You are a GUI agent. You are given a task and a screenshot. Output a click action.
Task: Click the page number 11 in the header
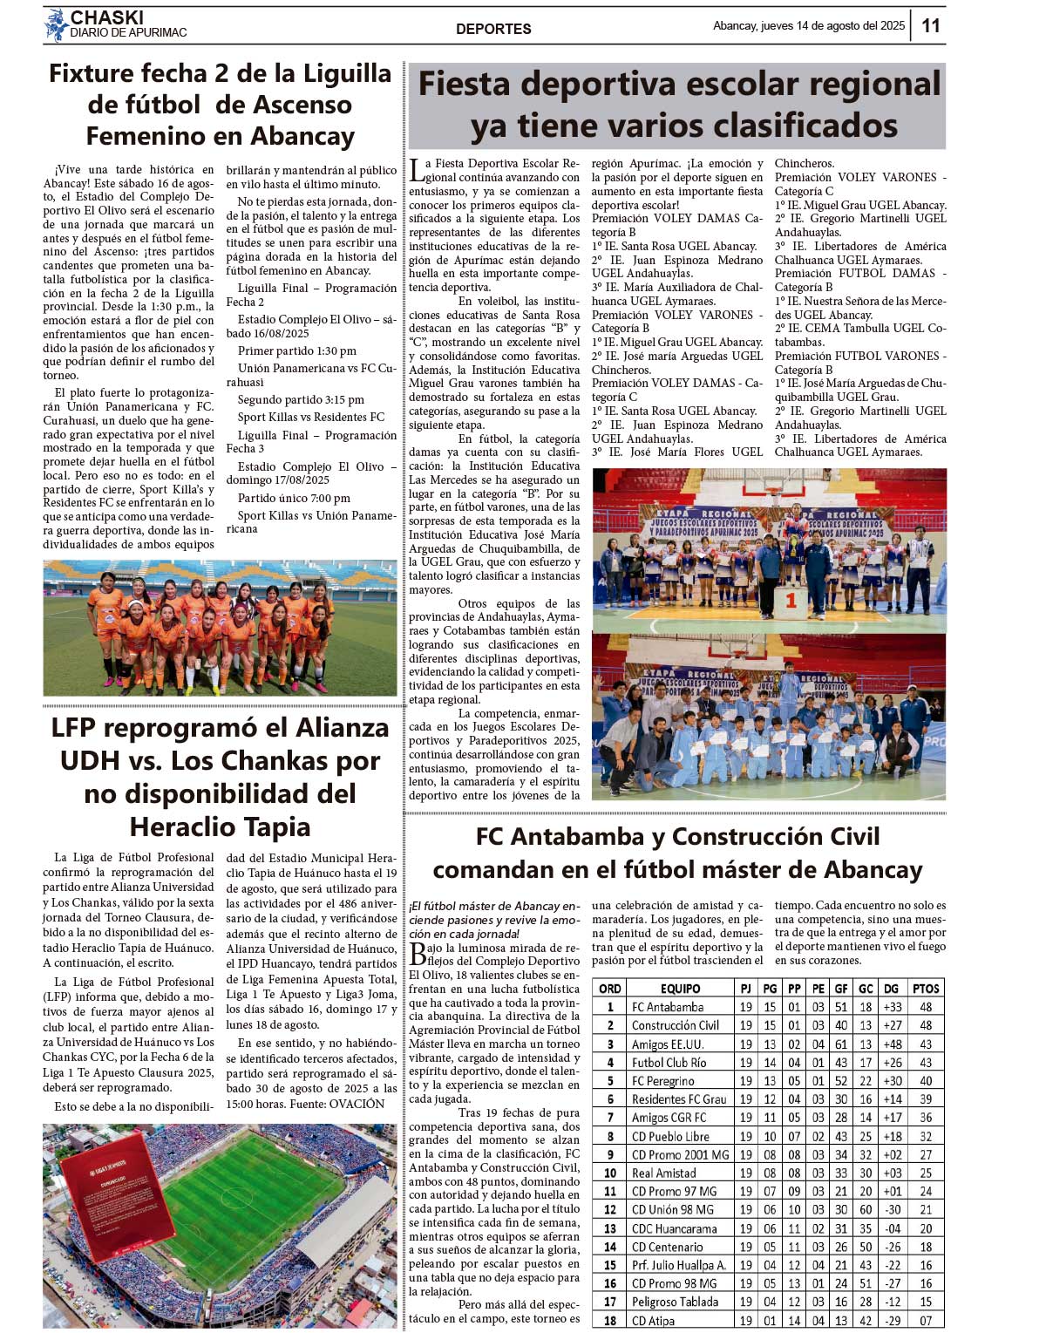click(930, 25)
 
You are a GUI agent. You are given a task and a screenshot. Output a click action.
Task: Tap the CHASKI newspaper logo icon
click(57, 25)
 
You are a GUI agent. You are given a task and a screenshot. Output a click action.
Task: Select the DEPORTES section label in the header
click(493, 29)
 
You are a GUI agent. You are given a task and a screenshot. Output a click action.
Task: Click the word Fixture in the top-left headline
click(91, 73)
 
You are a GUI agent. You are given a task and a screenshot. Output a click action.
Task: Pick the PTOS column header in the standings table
click(926, 989)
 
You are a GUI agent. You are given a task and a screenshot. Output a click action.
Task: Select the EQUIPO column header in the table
click(680, 989)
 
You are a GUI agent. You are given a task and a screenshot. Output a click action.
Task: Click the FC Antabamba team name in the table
click(668, 1007)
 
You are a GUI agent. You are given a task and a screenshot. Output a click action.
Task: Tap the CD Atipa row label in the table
click(653, 1320)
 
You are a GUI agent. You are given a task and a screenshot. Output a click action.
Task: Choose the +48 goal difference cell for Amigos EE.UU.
click(893, 1044)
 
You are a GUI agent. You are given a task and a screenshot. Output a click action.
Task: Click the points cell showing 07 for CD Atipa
click(926, 1320)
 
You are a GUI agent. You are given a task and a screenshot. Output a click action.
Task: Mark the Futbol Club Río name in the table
click(669, 1063)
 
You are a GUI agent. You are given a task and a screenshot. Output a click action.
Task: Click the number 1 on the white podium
click(791, 600)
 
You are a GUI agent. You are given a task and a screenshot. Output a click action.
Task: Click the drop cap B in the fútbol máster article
click(418, 954)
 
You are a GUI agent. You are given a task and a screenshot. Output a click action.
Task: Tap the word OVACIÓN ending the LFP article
click(357, 1104)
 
